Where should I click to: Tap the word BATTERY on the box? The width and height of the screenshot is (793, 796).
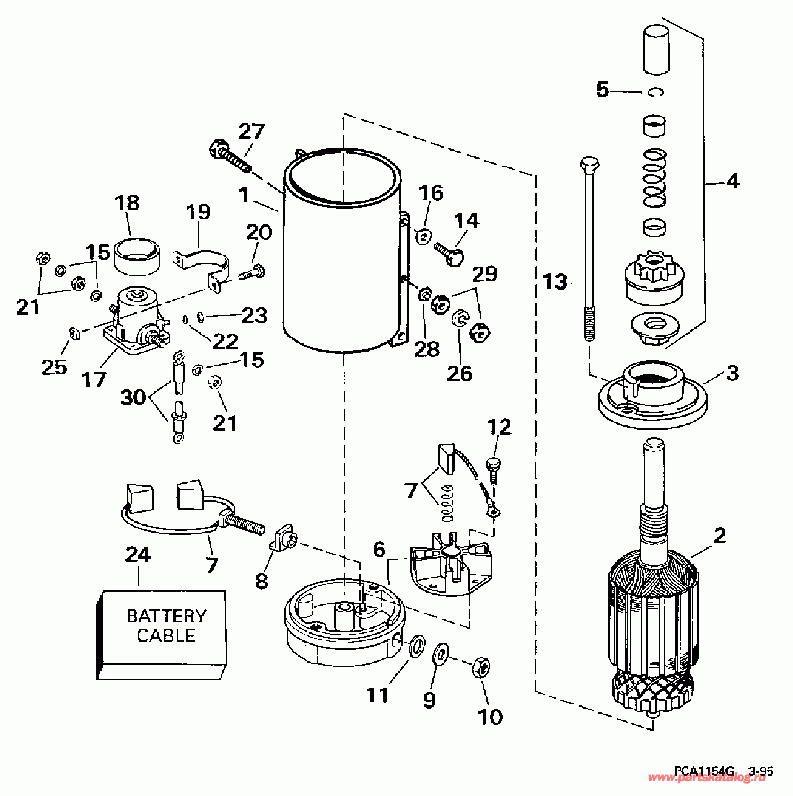(166, 616)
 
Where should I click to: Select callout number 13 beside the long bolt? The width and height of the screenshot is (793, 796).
(556, 282)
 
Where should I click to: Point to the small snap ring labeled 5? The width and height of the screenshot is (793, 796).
(656, 92)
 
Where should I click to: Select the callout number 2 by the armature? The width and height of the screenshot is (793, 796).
(719, 535)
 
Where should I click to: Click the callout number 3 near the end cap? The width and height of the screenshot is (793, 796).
(732, 374)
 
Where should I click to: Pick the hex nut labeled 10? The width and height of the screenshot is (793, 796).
(481, 667)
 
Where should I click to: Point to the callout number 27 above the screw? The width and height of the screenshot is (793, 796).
(252, 131)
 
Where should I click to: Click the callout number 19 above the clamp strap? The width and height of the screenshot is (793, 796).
(198, 213)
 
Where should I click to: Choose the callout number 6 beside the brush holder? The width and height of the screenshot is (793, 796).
(379, 549)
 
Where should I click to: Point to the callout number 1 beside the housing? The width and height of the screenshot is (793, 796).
(244, 195)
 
